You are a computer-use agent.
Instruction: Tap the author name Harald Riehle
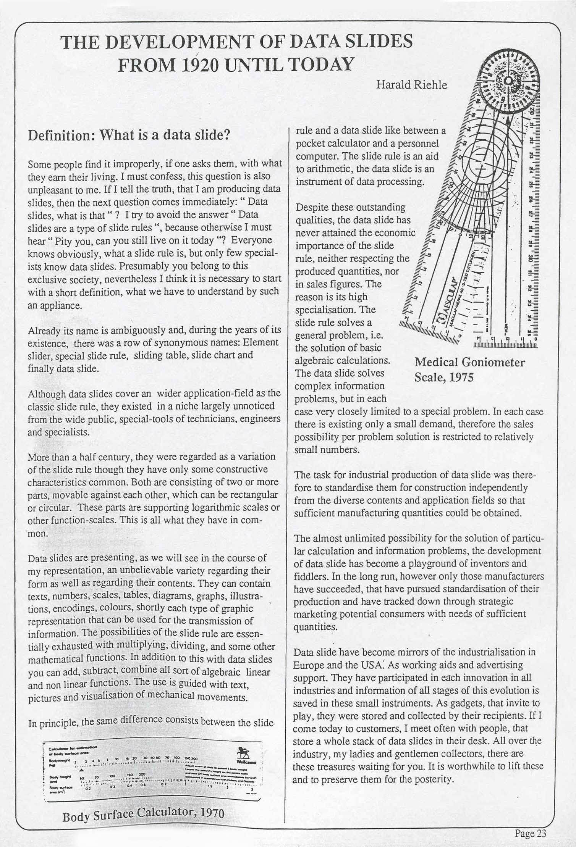[x=411, y=84]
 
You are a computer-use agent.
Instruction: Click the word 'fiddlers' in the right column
[x=309, y=576]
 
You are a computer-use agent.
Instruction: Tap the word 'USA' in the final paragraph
[x=376, y=665]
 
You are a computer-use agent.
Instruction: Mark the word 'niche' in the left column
[x=181, y=406]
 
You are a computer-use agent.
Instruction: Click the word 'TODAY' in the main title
[x=320, y=65]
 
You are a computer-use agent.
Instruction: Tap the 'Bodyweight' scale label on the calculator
[x=56, y=760]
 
